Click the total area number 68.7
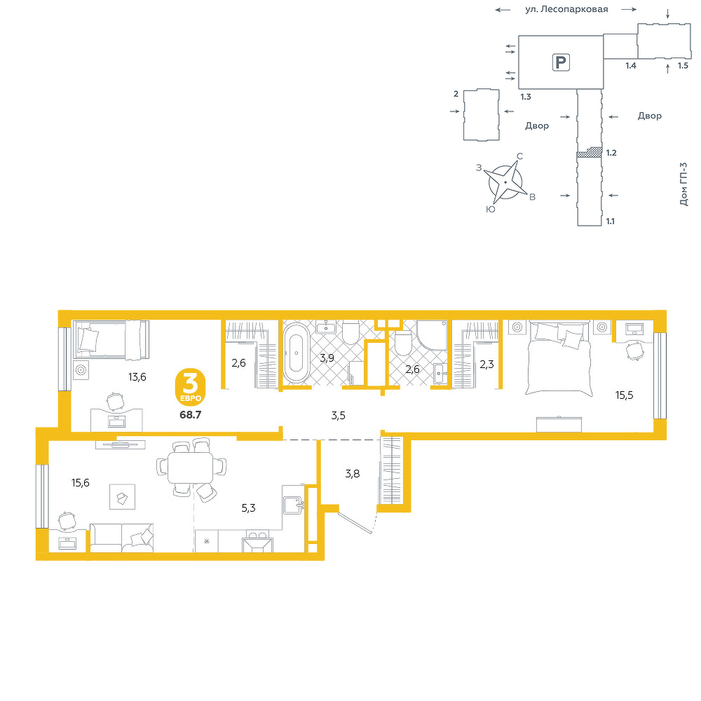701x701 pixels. pos(191,415)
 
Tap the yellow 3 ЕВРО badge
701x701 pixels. pos(191,387)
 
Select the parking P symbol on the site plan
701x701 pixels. pos(561,62)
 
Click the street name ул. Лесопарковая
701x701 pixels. pos(566,9)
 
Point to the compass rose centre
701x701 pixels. pos(505,182)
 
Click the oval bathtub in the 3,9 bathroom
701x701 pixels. pos(296,353)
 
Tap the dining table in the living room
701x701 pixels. pos(191,467)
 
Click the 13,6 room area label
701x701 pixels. pos(137,377)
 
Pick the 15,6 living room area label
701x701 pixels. pos(81,483)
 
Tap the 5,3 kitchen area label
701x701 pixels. pos(248,508)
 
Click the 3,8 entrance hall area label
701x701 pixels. pos(353,473)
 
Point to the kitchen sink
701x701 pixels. pos(294,506)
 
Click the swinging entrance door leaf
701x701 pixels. pos(355,523)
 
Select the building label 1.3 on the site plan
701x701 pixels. pos(526,97)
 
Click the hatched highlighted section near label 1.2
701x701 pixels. pos(590,152)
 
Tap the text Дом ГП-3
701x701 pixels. pos(683,184)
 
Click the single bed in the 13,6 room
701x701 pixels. pos(111,340)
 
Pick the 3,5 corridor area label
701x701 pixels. pos(338,416)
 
